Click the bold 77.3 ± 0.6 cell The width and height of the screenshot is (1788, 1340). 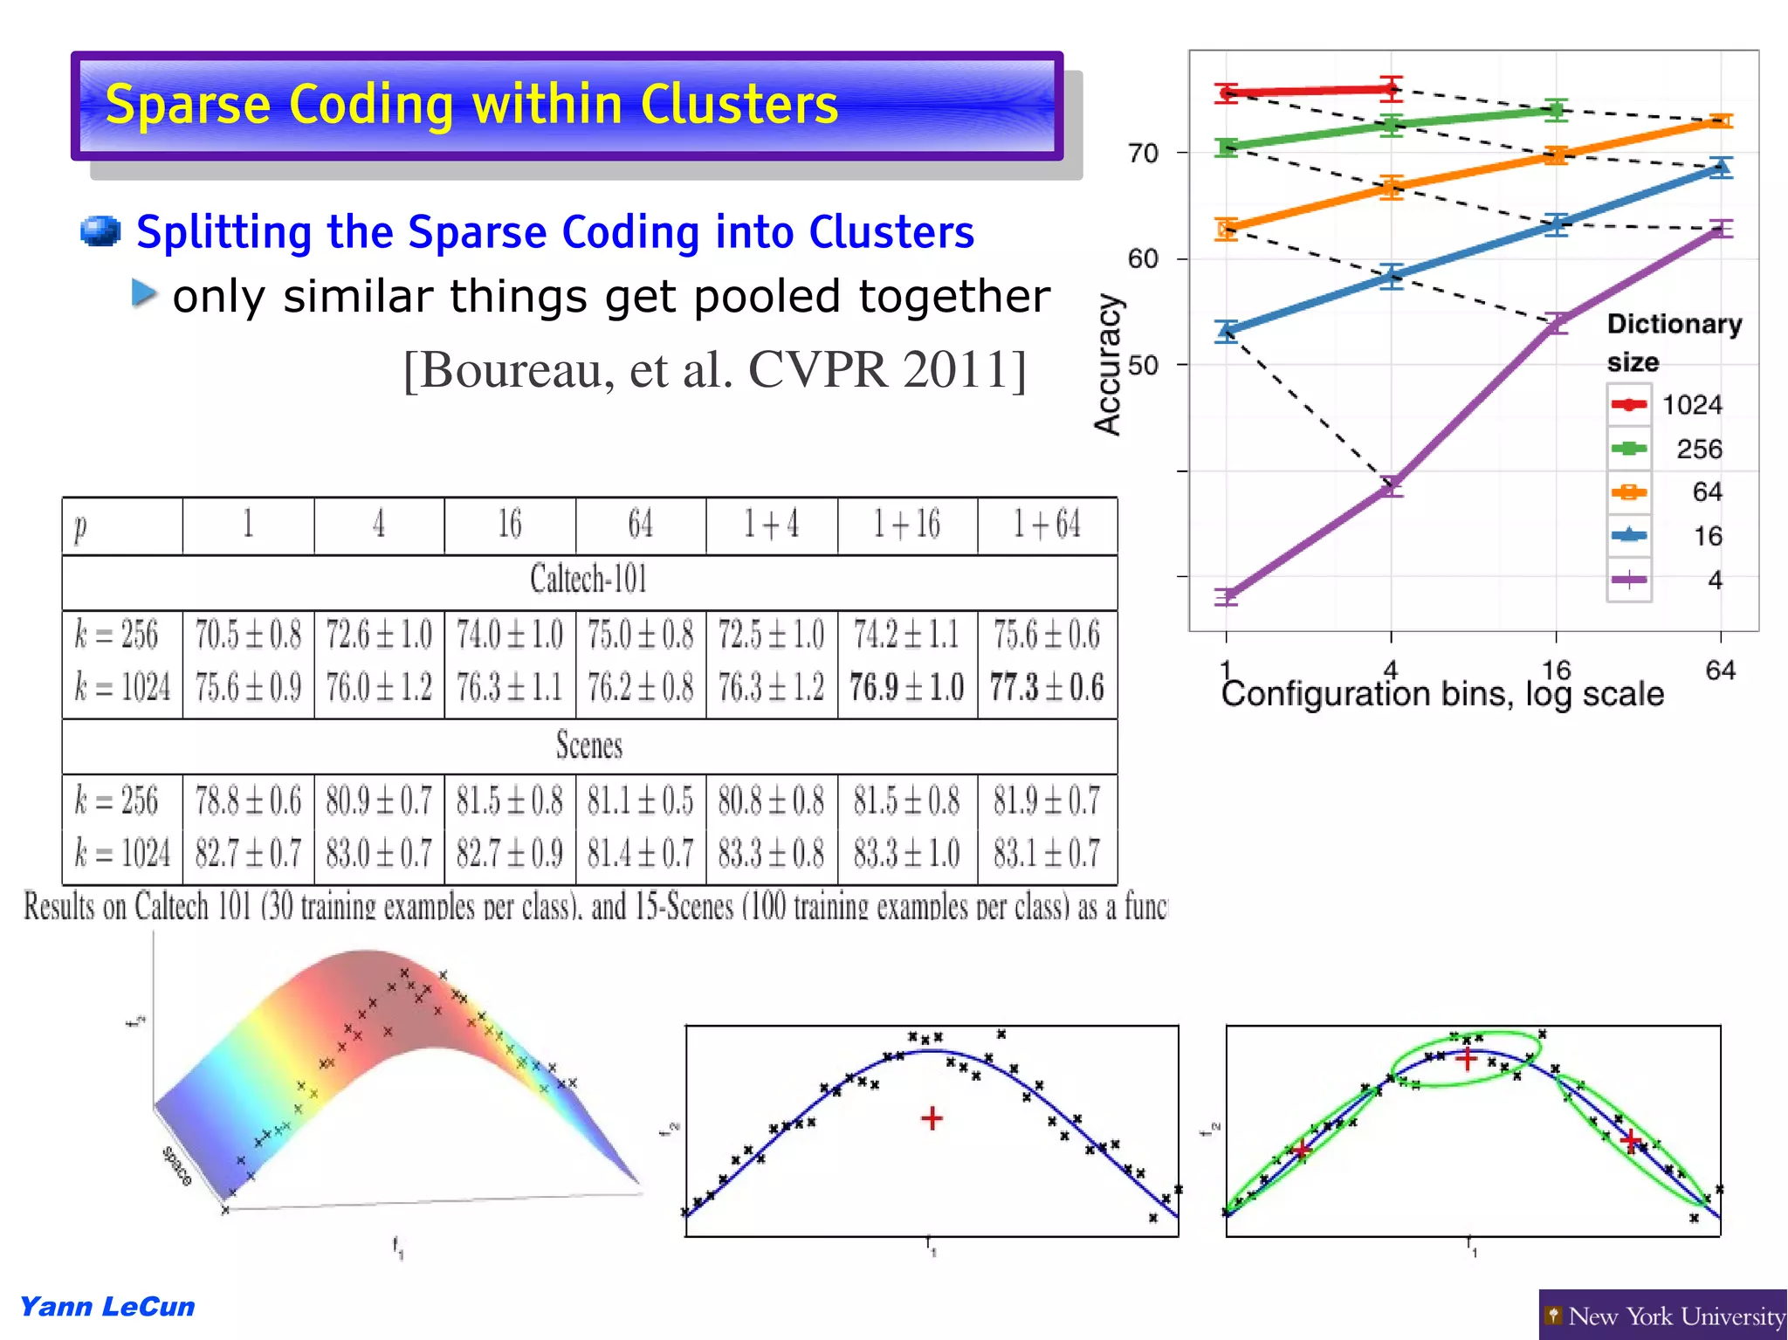tap(1047, 687)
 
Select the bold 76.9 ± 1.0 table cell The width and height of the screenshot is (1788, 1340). tap(907, 687)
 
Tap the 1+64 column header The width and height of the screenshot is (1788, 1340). tap(1047, 525)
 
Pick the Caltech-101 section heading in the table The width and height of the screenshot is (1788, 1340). tap(588, 580)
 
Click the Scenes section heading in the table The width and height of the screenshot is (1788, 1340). tap(588, 746)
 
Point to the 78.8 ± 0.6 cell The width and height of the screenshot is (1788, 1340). tap(248, 801)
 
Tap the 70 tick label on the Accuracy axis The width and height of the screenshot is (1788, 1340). tap(1143, 154)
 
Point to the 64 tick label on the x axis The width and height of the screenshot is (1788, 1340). tap(1720, 670)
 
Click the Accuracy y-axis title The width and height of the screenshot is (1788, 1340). tap(1108, 364)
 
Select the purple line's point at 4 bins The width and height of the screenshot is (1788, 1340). tap(1391, 485)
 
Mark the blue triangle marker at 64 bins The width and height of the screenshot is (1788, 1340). tap(1720, 167)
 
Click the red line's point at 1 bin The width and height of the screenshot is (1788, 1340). tap(1227, 93)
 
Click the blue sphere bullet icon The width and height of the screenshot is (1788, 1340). tap(100, 231)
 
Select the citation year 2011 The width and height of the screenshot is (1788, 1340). tap(955, 369)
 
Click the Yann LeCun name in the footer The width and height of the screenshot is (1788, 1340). tap(107, 1307)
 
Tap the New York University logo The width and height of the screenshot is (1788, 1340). tap(1663, 1315)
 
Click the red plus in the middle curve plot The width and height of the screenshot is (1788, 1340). tap(932, 1118)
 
